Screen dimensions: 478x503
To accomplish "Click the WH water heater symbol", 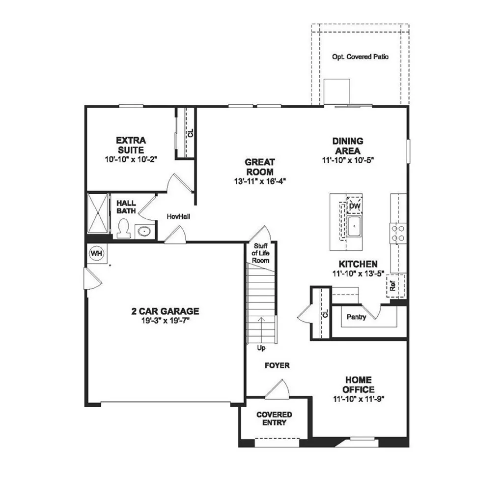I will click(97, 253).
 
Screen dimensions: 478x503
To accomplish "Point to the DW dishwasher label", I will click(355, 206).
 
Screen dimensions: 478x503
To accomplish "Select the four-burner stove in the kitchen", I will click(398, 233).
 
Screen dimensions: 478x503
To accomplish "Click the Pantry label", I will click(356, 317).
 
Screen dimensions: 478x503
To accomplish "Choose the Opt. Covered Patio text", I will click(360, 57).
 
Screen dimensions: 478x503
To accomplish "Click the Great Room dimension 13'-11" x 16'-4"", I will click(260, 181).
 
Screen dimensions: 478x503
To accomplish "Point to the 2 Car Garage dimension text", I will click(165, 320).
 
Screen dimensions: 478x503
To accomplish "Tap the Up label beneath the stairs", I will click(261, 348).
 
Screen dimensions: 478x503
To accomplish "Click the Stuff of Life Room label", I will click(261, 253).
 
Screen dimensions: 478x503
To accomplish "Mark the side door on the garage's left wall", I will click(93, 280).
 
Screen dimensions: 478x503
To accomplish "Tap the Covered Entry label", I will click(274, 418).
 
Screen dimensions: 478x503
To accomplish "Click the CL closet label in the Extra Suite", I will click(191, 133).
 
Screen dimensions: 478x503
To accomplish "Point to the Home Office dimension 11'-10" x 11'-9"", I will click(358, 399).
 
